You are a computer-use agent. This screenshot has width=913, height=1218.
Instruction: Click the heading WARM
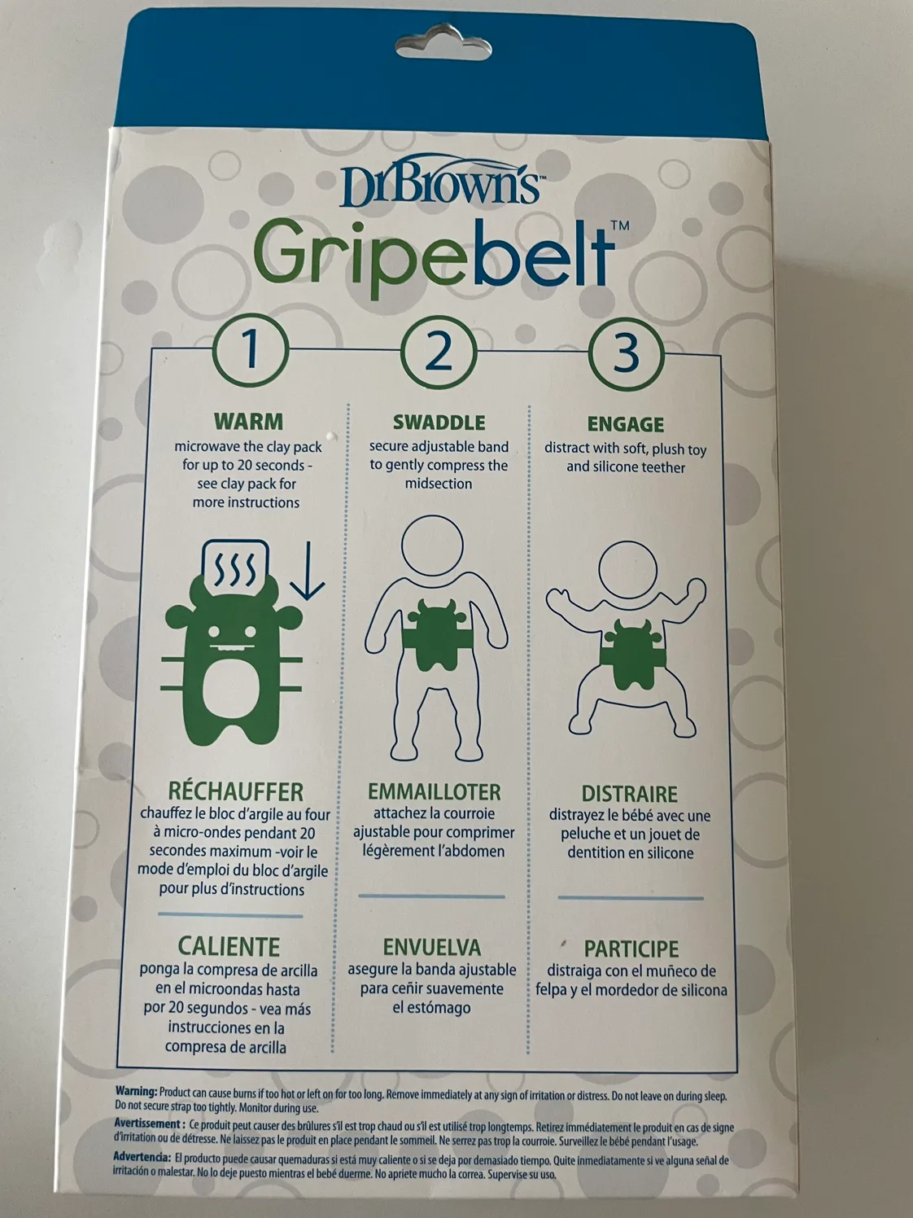coord(248,422)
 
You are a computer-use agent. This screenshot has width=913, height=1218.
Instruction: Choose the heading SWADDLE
coord(439,423)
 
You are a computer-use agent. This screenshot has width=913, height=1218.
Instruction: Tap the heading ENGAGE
coord(625,424)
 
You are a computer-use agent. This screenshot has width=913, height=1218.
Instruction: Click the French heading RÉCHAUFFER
coord(235,791)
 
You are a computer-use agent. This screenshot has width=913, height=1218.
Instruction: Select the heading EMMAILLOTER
coord(434,791)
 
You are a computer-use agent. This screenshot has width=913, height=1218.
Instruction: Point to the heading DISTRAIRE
coord(629,794)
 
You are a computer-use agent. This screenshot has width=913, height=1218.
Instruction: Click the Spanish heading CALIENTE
coord(229,947)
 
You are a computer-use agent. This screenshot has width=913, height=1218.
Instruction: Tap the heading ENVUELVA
coord(431,948)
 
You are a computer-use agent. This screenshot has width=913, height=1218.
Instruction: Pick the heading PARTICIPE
coord(631,949)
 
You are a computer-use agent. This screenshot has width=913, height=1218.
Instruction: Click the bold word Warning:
coord(136,1091)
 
